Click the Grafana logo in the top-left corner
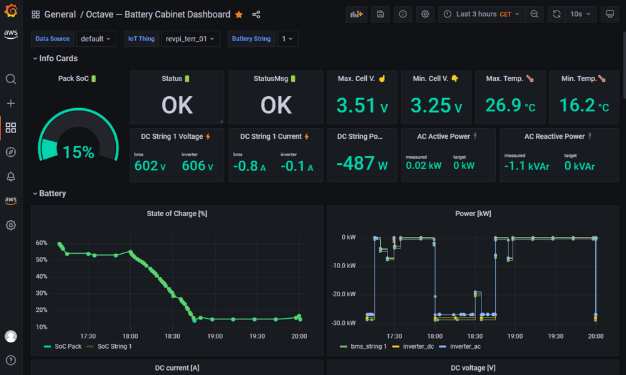(x=11, y=12)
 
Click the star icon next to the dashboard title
(x=239, y=14)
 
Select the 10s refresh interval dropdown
(x=580, y=14)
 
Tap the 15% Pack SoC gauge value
(x=79, y=152)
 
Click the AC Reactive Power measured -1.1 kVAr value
(x=526, y=166)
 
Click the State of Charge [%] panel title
(x=177, y=214)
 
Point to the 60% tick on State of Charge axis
(x=41, y=242)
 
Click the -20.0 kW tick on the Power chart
(x=344, y=294)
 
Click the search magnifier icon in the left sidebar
(x=11, y=79)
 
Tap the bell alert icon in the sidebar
(x=11, y=176)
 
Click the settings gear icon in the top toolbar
(x=425, y=14)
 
